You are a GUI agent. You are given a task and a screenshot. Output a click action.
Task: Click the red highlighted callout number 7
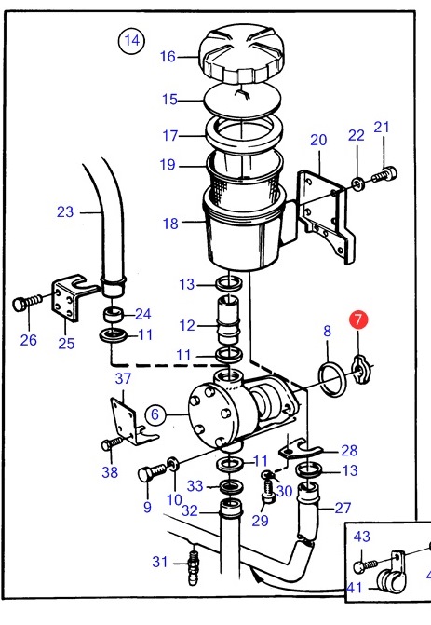tap(358, 319)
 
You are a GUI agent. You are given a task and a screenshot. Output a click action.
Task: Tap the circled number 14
tap(132, 40)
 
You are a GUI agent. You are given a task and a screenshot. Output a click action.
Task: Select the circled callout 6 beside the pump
tap(155, 414)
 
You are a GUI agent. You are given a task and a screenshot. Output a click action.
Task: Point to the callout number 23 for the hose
tap(65, 211)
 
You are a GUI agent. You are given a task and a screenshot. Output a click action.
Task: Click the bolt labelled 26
tap(27, 303)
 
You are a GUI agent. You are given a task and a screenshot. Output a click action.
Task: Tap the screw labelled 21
tap(385, 175)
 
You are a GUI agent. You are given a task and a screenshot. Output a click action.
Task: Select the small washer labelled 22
tap(357, 184)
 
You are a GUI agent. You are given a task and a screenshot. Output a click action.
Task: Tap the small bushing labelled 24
tap(114, 315)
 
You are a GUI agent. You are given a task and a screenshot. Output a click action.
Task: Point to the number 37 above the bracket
tap(123, 378)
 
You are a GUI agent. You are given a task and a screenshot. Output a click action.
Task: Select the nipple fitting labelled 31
tap(194, 567)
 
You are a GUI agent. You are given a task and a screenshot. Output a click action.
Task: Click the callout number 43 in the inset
tap(362, 537)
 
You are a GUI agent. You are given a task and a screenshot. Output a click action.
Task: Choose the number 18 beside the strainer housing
tap(170, 224)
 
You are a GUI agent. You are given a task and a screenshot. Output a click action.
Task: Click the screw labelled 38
tap(114, 443)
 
